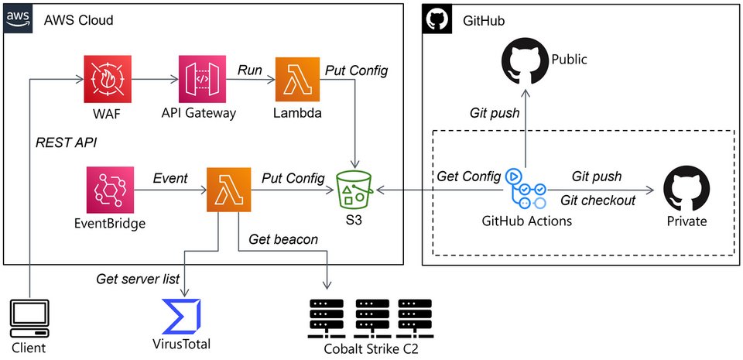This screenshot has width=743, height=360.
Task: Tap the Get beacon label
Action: (x=283, y=239)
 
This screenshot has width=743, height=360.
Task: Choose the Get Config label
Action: (x=468, y=177)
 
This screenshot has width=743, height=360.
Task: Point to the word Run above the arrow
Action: (x=250, y=70)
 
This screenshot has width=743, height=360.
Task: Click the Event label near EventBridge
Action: (x=170, y=178)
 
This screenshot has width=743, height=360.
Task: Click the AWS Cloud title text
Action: (x=79, y=19)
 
